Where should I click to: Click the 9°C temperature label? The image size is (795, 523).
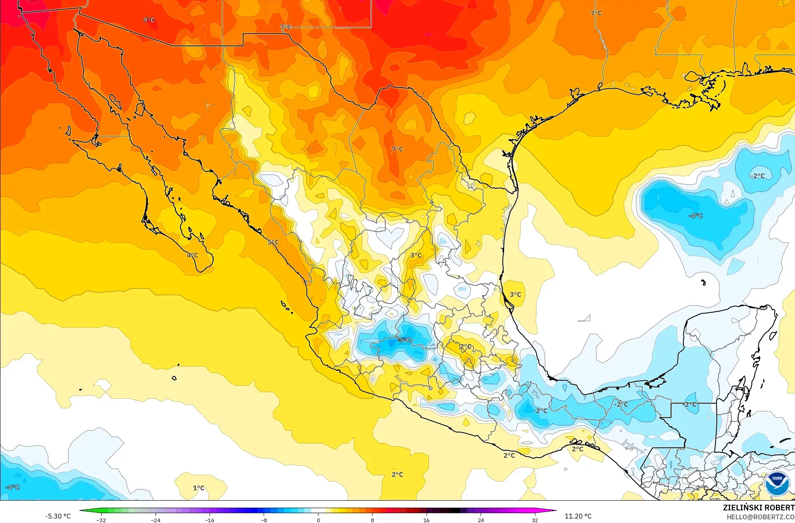[x=149, y=20]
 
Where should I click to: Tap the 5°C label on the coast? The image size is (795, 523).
[x=273, y=242]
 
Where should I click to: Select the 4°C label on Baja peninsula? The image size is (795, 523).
[x=192, y=255]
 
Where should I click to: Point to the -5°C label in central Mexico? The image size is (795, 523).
[x=404, y=340]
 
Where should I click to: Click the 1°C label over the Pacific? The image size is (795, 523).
[x=198, y=488]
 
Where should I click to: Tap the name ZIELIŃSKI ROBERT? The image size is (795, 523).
[x=758, y=508]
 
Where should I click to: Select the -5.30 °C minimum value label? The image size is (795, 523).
[x=58, y=516]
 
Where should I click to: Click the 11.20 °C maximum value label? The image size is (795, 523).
[x=578, y=516]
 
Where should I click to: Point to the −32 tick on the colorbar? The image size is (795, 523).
[x=101, y=520]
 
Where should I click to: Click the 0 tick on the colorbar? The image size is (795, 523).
[x=318, y=520]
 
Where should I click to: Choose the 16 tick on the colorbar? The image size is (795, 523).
[x=426, y=520]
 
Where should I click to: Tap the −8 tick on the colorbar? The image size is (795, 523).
[x=264, y=520]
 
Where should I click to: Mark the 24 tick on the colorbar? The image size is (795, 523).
[x=481, y=520]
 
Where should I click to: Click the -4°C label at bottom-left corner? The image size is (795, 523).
[x=12, y=487]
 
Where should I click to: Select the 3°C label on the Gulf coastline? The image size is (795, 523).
[x=515, y=294]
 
